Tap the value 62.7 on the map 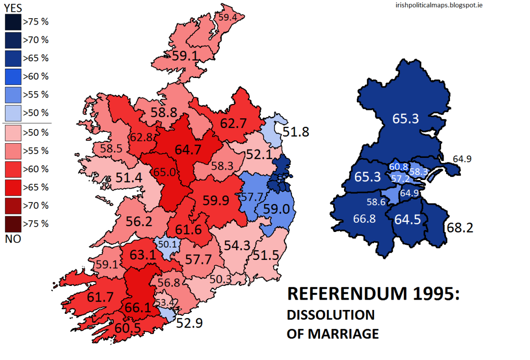click(233, 123)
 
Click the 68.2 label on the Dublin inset click(459, 228)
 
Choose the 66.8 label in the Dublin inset click(364, 219)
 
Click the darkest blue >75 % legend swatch click(13, 22)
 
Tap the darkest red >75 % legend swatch click(13, 224)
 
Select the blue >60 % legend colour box click(13, 76)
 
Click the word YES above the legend click(14, 7)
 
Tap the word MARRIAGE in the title click(343, 334)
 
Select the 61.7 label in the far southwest click(87, 296)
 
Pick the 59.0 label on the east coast click(277, 209)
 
